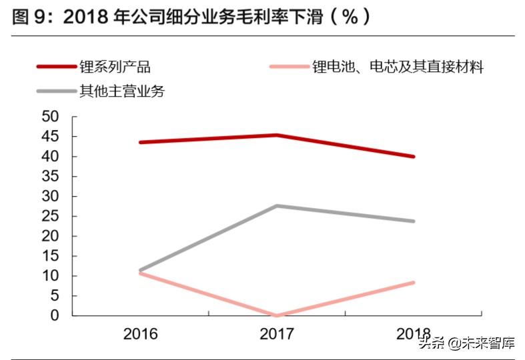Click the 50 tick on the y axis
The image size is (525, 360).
(52, 117)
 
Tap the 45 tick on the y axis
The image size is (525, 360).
(52, 137)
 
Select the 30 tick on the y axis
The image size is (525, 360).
(52, 196)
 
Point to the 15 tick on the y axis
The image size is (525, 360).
(52, 256)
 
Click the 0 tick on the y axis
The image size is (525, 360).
(56, 315)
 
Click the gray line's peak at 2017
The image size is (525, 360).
(277, 205)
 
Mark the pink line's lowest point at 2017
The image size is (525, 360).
(277, 315)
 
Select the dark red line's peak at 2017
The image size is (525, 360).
(277, 135)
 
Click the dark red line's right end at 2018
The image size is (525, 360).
(414, 157)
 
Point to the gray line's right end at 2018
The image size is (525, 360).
(414, 221)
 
